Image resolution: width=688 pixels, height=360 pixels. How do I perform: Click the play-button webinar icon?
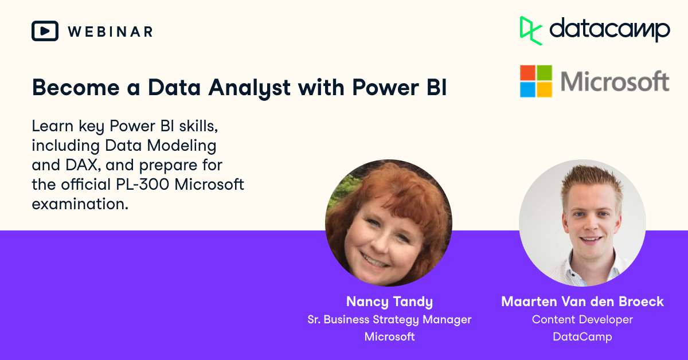tap(45, 31)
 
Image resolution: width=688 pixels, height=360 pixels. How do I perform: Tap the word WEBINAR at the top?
tap(110, 32)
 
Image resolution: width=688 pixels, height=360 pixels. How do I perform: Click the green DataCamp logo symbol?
tap(531, 30)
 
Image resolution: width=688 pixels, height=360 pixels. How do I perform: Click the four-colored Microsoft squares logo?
tap(536, 81)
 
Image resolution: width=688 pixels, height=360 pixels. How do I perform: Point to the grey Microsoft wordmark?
tap(615, 81)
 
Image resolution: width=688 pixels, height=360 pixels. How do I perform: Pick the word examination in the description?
tap(80, 204)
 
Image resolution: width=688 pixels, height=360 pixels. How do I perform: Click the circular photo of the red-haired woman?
tap(388, 222)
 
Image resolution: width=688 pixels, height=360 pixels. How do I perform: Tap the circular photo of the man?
tap(582, 222)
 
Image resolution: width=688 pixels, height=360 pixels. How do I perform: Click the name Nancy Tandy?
tap(389, 302)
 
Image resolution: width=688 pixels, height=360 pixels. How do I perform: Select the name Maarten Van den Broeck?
tap(582, 302)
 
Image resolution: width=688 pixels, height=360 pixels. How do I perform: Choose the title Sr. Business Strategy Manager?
tap(389, 319)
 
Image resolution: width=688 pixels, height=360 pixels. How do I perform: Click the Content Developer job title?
tap(582, 319)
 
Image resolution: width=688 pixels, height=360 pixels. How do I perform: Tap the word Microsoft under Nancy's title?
tap(389, 336)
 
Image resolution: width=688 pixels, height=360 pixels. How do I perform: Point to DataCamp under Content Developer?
tap(582, 336)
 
